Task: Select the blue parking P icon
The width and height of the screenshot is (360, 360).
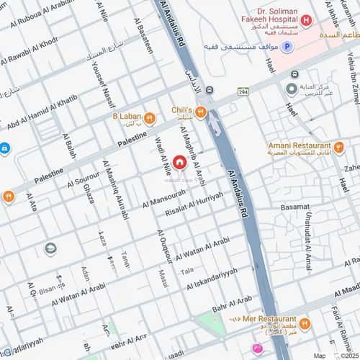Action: (x=287, y=46)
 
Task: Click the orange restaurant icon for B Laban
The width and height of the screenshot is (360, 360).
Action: (x=149, y=118)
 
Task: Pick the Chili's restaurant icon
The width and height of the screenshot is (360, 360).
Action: (x=201, y=112)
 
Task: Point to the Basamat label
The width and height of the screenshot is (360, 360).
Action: (x=295, y=207)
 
